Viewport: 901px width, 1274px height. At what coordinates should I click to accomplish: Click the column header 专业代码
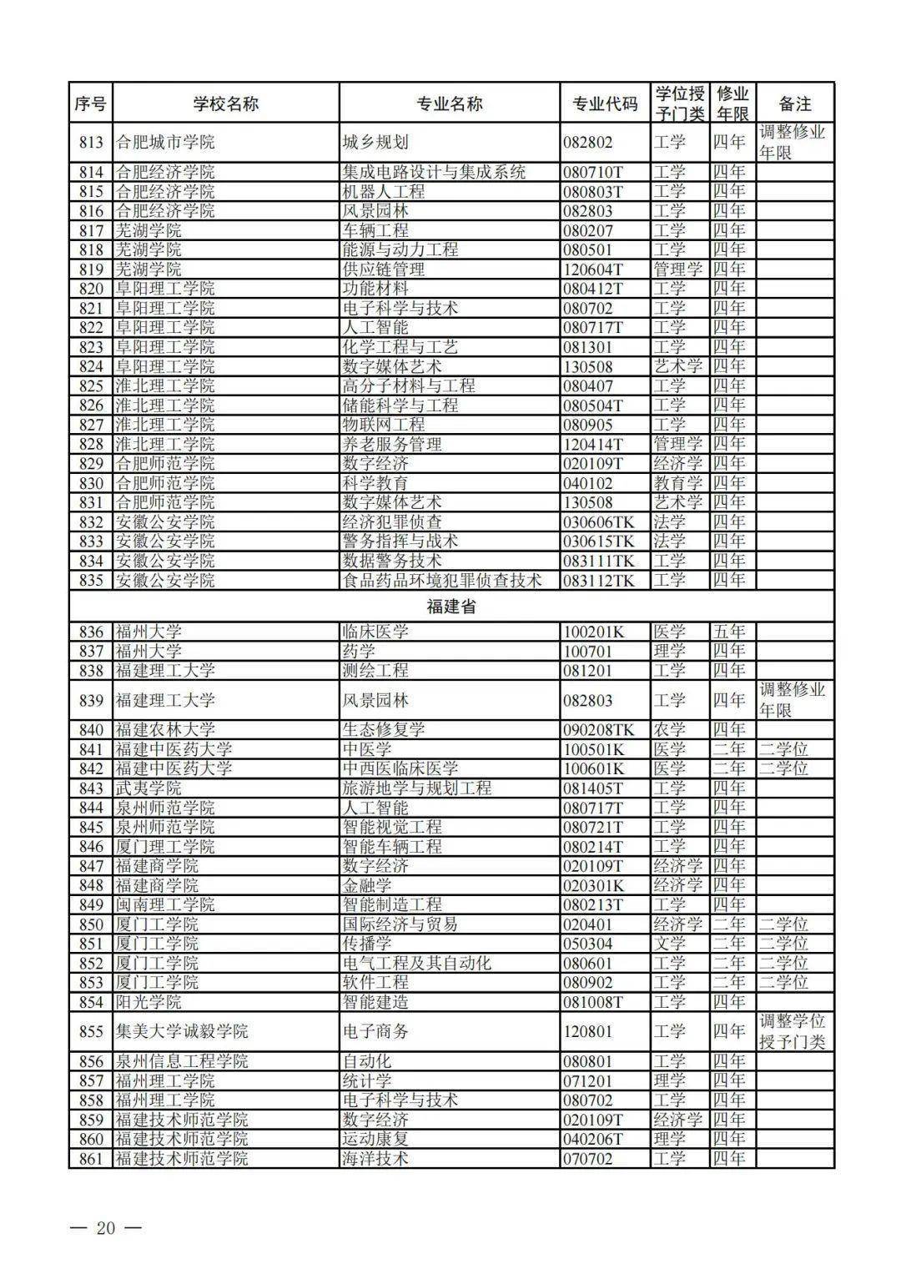click(605, 103)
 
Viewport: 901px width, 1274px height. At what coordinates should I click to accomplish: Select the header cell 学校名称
click(225, 103)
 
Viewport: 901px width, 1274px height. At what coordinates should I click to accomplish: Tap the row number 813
click(91, 142)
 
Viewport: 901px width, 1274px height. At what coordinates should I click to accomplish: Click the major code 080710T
click(593, 173)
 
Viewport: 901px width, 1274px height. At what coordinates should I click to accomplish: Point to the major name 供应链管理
click(384, 269)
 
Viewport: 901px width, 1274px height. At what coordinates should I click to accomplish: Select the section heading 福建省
click(450, 607)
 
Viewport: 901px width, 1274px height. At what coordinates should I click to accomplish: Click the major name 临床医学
click(375, 632)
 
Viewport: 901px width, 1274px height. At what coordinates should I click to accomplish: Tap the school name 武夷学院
click(148, 788)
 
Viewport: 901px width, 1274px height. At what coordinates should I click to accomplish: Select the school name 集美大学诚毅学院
click(181, 1032)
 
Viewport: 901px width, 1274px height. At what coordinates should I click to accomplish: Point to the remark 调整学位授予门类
click(792, 1031)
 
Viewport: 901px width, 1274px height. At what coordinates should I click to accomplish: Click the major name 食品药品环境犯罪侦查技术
click(442, 580)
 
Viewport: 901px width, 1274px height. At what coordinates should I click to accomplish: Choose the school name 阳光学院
click(148, 1002)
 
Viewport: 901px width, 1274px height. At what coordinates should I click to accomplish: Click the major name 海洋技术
click(375, 1159)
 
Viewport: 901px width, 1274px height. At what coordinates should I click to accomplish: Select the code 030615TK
click(598, 541)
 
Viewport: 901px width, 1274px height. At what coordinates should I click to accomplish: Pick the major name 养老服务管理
click(392, 444)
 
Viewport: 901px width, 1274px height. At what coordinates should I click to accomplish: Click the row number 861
click(91, 1159)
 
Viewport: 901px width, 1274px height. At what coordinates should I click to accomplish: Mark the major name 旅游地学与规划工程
click(417, 788)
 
